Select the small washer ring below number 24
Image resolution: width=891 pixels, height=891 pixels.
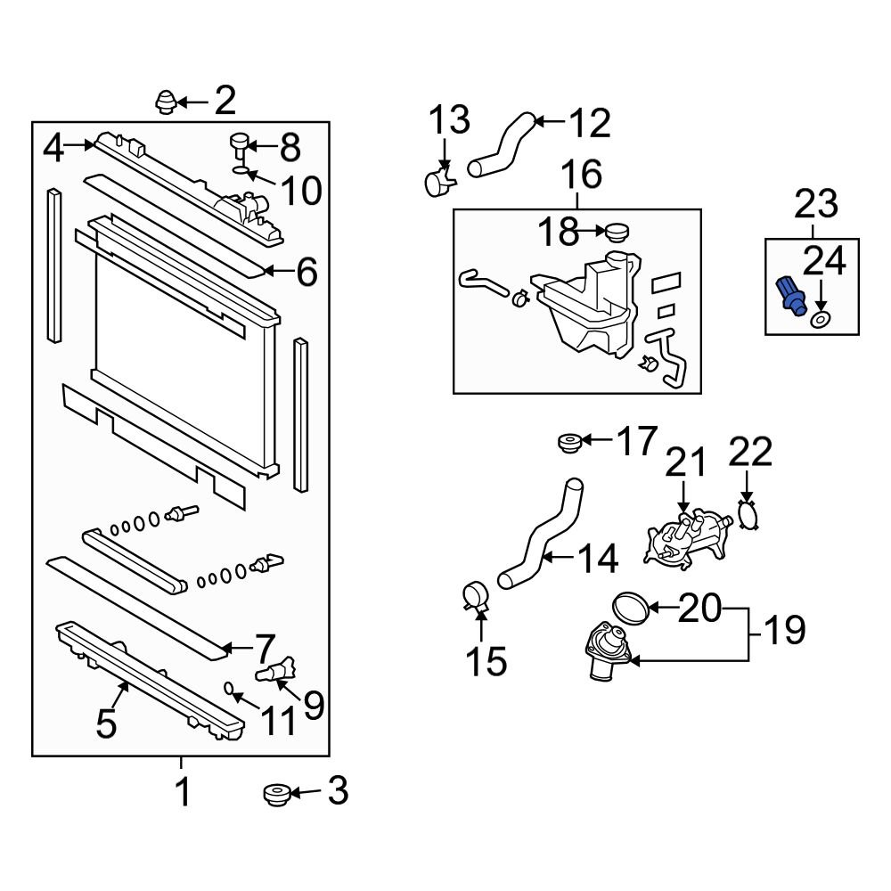(x=821, y=318)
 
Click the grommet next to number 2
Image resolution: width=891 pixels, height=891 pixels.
(x=166, y=102)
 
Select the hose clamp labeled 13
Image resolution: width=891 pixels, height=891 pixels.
(x=438, y=182)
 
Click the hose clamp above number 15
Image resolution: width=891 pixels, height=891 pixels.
(x=478, y=595)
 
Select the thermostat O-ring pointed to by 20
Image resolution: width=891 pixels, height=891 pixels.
(x=632, y=608)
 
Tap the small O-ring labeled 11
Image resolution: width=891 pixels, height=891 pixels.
(x=229, y=688)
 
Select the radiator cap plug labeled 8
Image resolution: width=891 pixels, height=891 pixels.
(x=241, y=143)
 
